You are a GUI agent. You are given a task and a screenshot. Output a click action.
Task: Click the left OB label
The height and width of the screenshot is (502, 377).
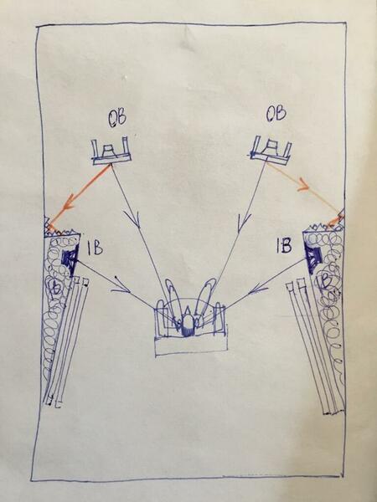(x=117, y=118)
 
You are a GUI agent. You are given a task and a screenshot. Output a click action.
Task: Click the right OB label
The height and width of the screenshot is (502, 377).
(x=276, y=114)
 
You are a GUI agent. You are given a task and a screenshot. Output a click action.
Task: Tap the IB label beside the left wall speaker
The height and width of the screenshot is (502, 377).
(x=95, y=248)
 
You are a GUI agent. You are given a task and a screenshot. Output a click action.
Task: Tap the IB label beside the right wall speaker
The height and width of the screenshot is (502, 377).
(x=284, y=245)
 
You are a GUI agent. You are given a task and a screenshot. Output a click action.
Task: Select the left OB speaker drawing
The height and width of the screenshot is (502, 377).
(x=111, y=151)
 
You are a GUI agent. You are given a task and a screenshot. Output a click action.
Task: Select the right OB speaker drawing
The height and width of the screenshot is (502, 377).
(x=271, y=151)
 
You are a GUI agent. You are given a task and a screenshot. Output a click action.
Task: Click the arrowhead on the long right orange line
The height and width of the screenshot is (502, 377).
(x=304, y=186)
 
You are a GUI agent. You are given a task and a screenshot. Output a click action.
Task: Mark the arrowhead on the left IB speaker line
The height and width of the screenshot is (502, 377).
(x=121, y=286)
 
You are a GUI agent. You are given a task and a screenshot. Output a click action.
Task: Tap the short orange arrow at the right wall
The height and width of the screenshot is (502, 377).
(x=335, y=220)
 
